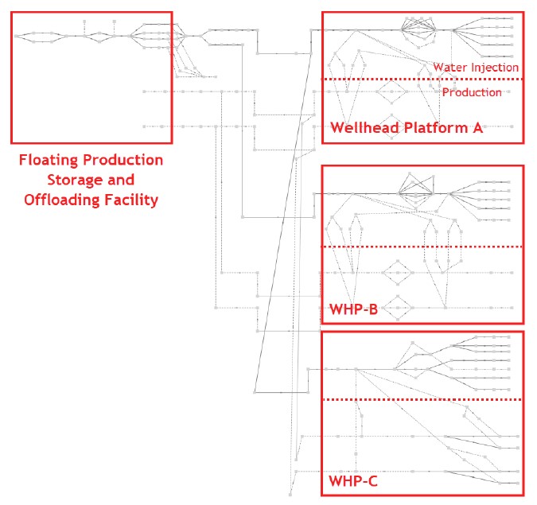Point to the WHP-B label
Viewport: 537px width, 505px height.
coord(353,309)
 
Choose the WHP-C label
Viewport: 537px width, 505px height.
coord(353,481)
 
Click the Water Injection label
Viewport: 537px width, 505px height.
coord(476,68)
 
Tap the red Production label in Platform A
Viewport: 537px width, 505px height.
coord(472,92)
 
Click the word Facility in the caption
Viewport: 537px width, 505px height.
coord(130,199)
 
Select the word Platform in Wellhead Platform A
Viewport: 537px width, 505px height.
coord(433,128)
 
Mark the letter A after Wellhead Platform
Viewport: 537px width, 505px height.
coord(477,128)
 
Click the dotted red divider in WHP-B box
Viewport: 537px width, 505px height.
coord(422,247)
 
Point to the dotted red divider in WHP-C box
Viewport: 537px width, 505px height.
coord(422,399)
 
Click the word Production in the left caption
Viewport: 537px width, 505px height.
coord(125,161)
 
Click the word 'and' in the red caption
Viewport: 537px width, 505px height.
coord(120,180)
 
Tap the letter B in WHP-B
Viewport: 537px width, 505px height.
coord(372,309)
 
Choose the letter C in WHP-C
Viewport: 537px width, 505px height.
coord(372,481)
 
